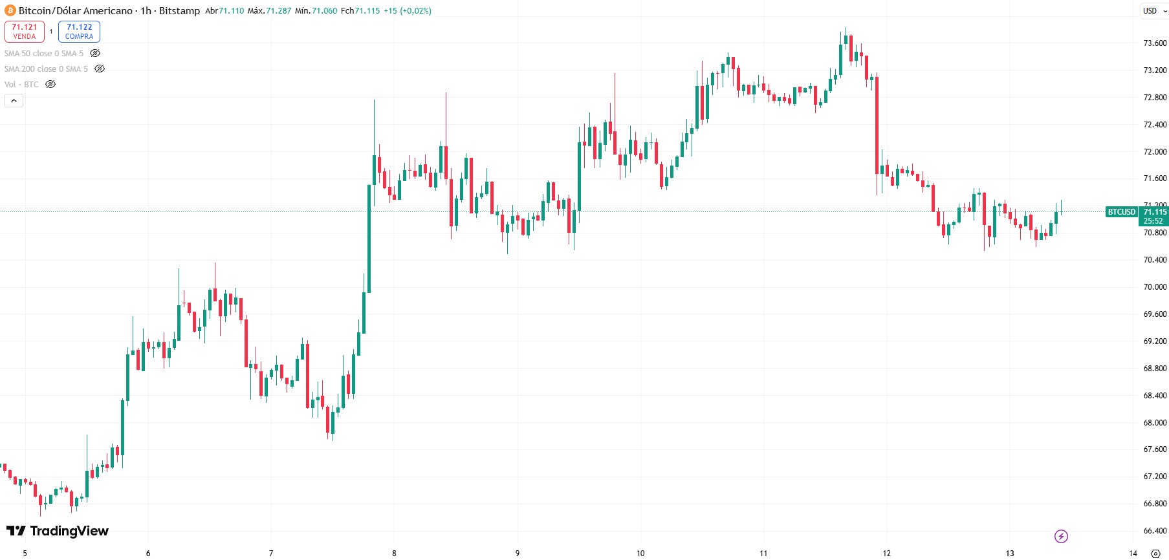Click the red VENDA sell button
click(25, 31)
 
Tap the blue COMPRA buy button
click(79, 31)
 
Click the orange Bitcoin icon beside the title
click(10, 10)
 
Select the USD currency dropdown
click(1153, 10)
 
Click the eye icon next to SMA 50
click(95, 53)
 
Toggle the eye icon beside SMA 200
click(100, 69)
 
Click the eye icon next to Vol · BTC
click(50, 84)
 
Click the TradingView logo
click(58, 531)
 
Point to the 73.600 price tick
click(1155, 43)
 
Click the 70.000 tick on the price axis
click(1155, 287)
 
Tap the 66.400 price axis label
click(1155, 531)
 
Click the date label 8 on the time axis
click(394, 553)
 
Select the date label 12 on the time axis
click(886, 553)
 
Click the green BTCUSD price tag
click(1121, 212)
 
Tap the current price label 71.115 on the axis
click(1155, 212)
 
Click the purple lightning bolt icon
click(1061, 536)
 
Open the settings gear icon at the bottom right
click(1155, 554)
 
